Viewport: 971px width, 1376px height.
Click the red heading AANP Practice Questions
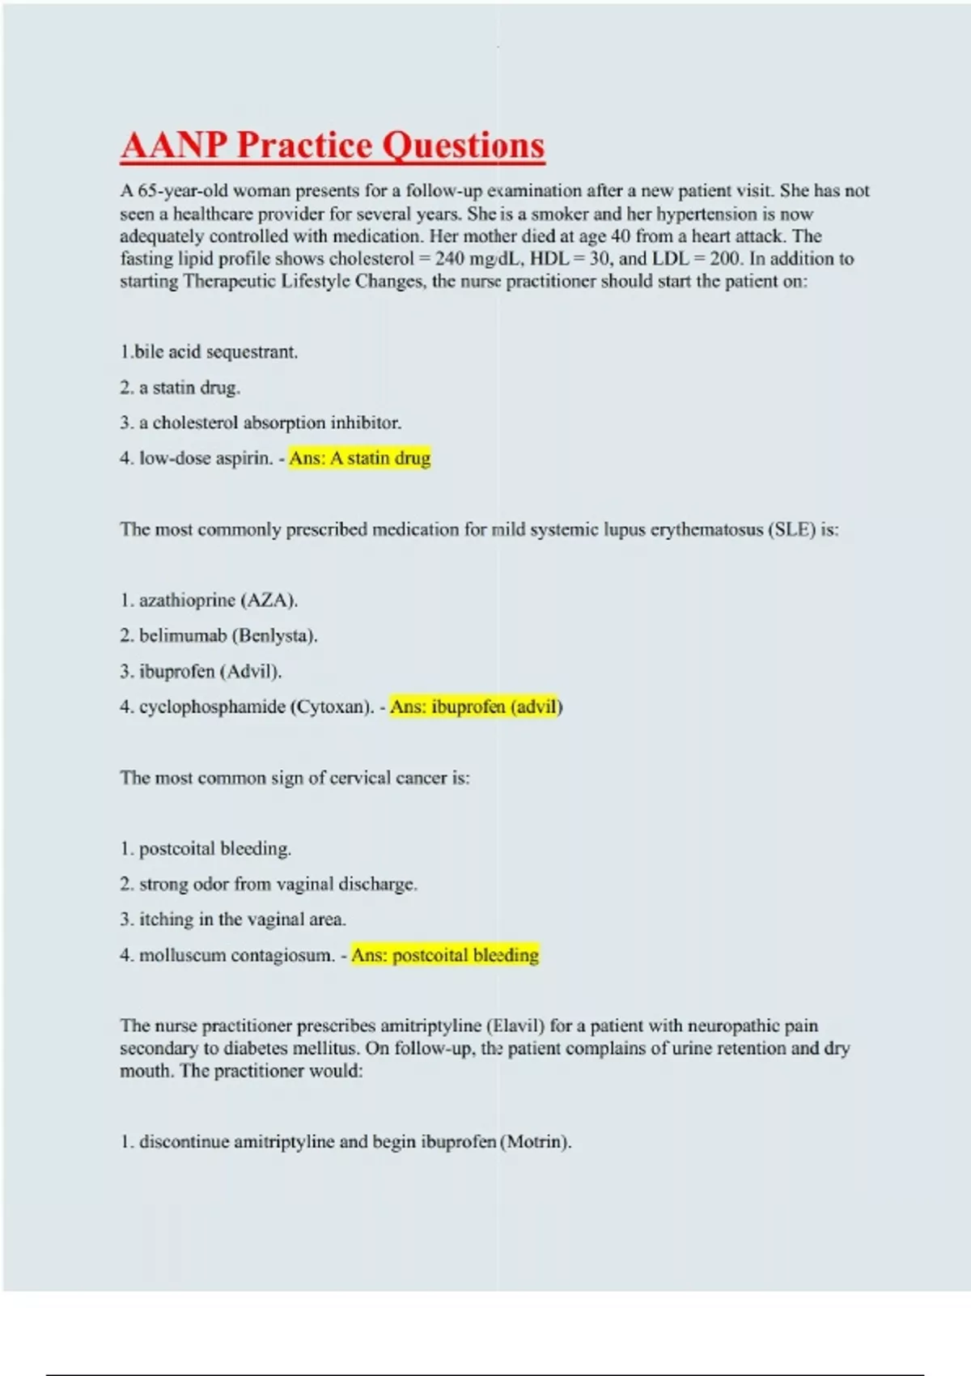coord(333,146)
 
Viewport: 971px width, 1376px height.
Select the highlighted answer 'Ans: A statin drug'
coord(359,458)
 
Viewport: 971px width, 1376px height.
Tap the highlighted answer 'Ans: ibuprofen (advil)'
coord(476,707)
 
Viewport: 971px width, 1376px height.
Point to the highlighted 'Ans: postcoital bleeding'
coord(444,955)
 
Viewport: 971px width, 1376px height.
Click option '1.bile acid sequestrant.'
coord(209,352)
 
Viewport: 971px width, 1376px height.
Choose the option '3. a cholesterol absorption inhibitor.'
coord(261,423)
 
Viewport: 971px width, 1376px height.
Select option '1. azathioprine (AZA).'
coord(209,601)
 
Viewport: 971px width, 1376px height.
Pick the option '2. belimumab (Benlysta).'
coord(218,636)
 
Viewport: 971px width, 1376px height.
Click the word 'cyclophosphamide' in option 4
coord(212,707)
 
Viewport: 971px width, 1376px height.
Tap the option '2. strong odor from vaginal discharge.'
coord(269,884)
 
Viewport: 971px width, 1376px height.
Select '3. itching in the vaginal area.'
coord(233,919)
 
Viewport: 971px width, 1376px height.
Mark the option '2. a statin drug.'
coord(180,388)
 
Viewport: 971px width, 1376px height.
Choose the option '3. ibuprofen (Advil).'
coord(201,672)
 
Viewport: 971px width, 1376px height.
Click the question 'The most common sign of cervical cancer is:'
coord(295,778)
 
